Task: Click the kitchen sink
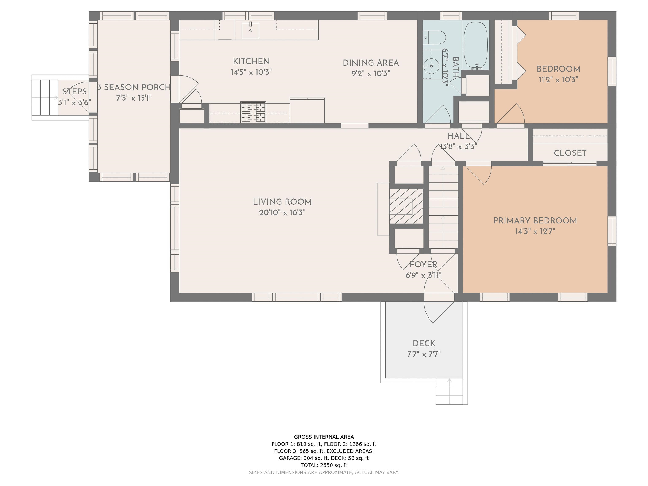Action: point(250,30)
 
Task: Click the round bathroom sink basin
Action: point(431,66)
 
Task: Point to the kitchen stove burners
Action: point(253,112)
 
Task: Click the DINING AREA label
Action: point(371,63)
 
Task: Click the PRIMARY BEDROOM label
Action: point(535,221)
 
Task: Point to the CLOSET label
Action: point(570,153)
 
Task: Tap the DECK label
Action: point(424,343)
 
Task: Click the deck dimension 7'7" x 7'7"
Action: point(424,354)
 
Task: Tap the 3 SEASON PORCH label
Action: point(134,87)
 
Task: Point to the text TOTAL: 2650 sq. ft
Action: point(324,465)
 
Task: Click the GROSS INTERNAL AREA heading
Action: point(324,437)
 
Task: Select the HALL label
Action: point(458,136)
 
